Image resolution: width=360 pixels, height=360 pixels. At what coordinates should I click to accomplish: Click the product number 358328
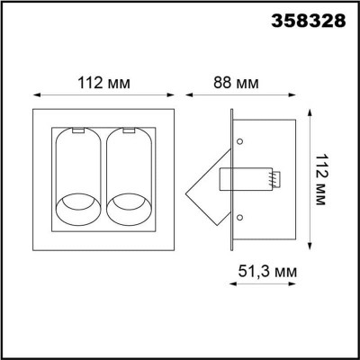pyautogui.click(x=309, y=21)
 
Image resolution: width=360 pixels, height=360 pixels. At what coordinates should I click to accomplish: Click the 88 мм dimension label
pyautogui.click(x=236, y=83)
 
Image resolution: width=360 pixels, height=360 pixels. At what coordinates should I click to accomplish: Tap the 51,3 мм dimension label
pyautogui.click(x=267, y=272)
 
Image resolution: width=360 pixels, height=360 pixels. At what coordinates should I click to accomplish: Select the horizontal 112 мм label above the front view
pyautogui.click(x=103, y=83)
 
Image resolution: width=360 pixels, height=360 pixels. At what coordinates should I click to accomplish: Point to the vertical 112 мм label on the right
pyautogui.click(x=320, y=179)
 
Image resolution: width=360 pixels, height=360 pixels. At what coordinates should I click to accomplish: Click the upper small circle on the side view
pyautogui.click(x=239, y=141)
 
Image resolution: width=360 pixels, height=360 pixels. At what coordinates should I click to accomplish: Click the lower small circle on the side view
pyautogui.click(x=239, y=217)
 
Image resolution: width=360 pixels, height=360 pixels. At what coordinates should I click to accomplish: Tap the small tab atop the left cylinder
pyautogui.click(x=78, y=130)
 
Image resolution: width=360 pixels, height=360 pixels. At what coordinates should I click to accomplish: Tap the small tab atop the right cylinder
pyautogui.click(x=129, y=130)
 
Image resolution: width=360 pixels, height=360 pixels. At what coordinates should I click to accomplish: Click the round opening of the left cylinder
pyautogui.click(x=78, y=209)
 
